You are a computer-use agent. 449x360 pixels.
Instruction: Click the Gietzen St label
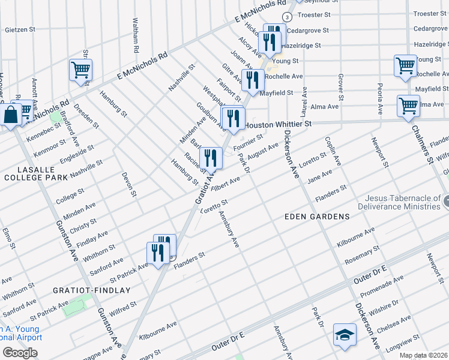[21, 29]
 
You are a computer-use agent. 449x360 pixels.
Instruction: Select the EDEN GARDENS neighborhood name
[318, 216]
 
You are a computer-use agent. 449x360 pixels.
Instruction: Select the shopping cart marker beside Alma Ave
[408, 106]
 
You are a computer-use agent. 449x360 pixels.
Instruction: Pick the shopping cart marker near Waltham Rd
[80, 70]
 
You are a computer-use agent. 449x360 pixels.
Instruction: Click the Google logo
[20, 352]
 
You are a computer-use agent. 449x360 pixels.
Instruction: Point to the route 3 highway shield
[287, 16]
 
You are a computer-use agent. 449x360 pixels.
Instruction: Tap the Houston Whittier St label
[279, 124]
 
